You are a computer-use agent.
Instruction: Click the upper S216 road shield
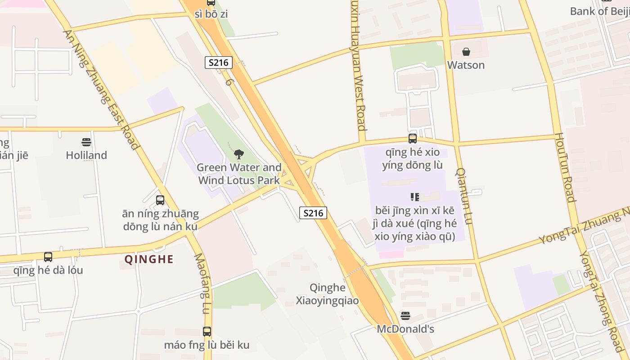pos(219,63)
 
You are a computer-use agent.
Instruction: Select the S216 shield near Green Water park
pos(313,213)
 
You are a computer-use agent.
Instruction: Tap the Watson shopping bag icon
pos(466,52)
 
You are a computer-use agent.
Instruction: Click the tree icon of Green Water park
pos(238,154)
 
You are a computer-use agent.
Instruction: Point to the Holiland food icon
pos(86,142)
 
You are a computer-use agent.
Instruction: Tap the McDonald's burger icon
pos(405,316)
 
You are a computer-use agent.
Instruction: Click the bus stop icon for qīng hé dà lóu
pos(48,257)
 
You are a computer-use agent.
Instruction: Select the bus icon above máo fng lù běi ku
pos(207,332)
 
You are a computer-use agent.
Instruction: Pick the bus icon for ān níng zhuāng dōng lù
pos(160,200)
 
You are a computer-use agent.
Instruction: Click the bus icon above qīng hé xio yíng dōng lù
pos(413,139)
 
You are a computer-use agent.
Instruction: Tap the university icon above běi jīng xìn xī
pos(414,197)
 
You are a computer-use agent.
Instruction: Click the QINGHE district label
pos(149,259)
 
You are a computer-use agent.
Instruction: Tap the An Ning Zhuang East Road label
pos(101,89)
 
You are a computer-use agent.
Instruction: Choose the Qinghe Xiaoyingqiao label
pos(327,294)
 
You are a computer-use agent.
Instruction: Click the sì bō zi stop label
pos(211,14)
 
